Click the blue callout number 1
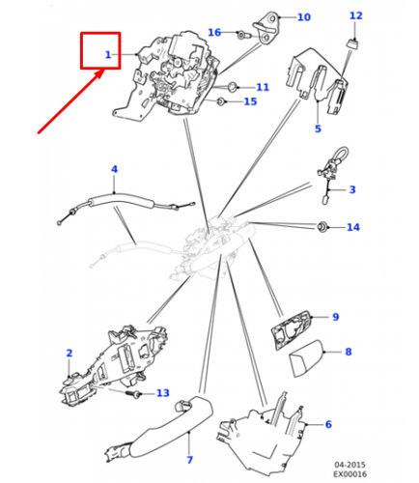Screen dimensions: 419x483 coord(108,55)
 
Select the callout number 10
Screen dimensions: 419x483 coord(304,17)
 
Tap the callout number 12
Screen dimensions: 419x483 coord(356,15)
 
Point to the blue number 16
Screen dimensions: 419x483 coord(214,32)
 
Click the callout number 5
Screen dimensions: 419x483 coord(318,128)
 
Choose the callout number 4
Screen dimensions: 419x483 coord(114,169)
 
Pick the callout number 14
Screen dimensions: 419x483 coord(353,227)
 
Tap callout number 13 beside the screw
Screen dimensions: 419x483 coord(163,393)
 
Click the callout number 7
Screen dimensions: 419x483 coord(190,460)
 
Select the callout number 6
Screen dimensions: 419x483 coord(328,424)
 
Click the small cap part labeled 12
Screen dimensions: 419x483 coord(353,43)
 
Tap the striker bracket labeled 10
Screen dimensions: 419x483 coord(265,27)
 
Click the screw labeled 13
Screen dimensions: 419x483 coord(133,393)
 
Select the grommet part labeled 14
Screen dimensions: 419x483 coord(321,227)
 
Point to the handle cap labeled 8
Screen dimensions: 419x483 coord(306,357)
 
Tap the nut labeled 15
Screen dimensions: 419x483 coord(220,102)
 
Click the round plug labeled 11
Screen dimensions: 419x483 coord(232,87)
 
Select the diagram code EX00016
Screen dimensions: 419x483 coord(349,474)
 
